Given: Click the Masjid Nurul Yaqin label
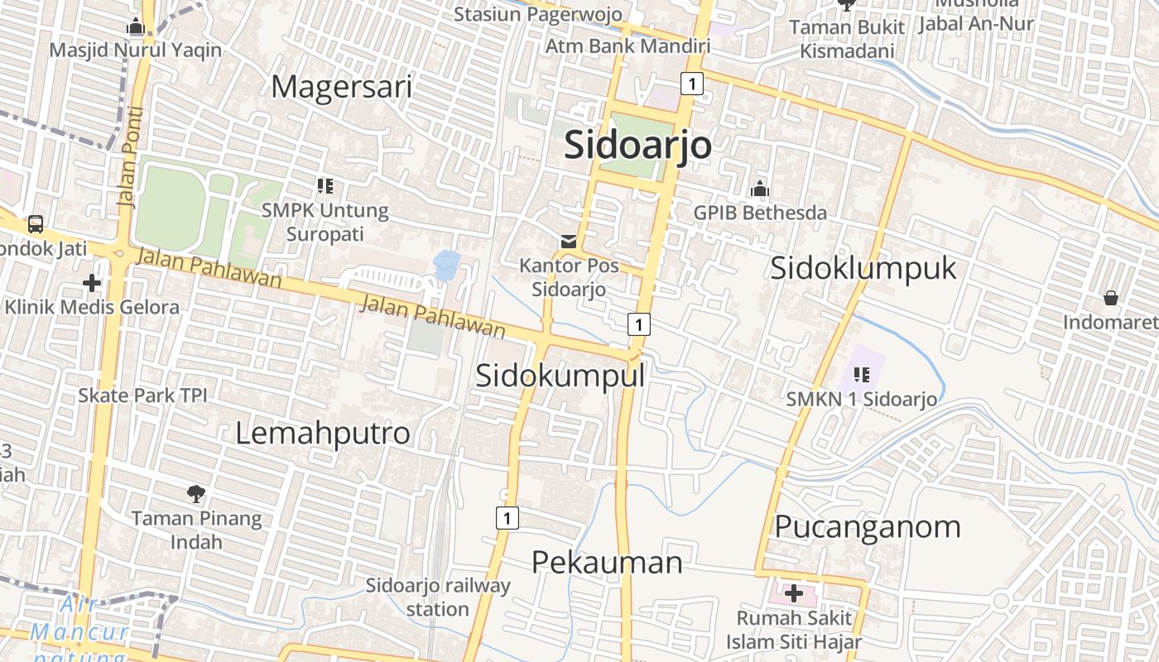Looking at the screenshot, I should (136, 50).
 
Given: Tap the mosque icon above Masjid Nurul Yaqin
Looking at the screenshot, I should (136, 27).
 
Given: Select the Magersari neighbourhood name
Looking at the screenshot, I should (342, 86).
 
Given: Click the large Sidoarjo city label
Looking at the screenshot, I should (637, 146).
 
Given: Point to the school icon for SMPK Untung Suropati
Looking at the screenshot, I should (325, 186).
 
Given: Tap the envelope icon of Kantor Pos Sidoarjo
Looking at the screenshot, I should (569, 242).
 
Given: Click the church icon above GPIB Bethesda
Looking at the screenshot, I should (759, 189).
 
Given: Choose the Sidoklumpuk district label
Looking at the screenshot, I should (863, 268).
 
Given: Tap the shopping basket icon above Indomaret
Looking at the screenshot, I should (1110, 298).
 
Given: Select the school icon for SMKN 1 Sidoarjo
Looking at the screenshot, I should (862, 375).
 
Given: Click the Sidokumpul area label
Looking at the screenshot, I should (560, 376).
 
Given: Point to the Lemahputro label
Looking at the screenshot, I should (323, 434).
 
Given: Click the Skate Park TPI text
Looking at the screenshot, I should (142, 396).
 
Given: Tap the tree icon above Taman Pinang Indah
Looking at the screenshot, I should (196, 495).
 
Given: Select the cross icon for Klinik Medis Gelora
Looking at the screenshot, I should (92, 284).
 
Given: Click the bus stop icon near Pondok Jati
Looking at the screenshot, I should (36, 223).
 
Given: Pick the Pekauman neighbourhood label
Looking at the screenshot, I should (607, 563).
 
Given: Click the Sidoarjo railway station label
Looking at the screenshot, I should (439, 597).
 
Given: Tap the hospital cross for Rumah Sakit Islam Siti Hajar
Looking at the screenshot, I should (794, 593).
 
